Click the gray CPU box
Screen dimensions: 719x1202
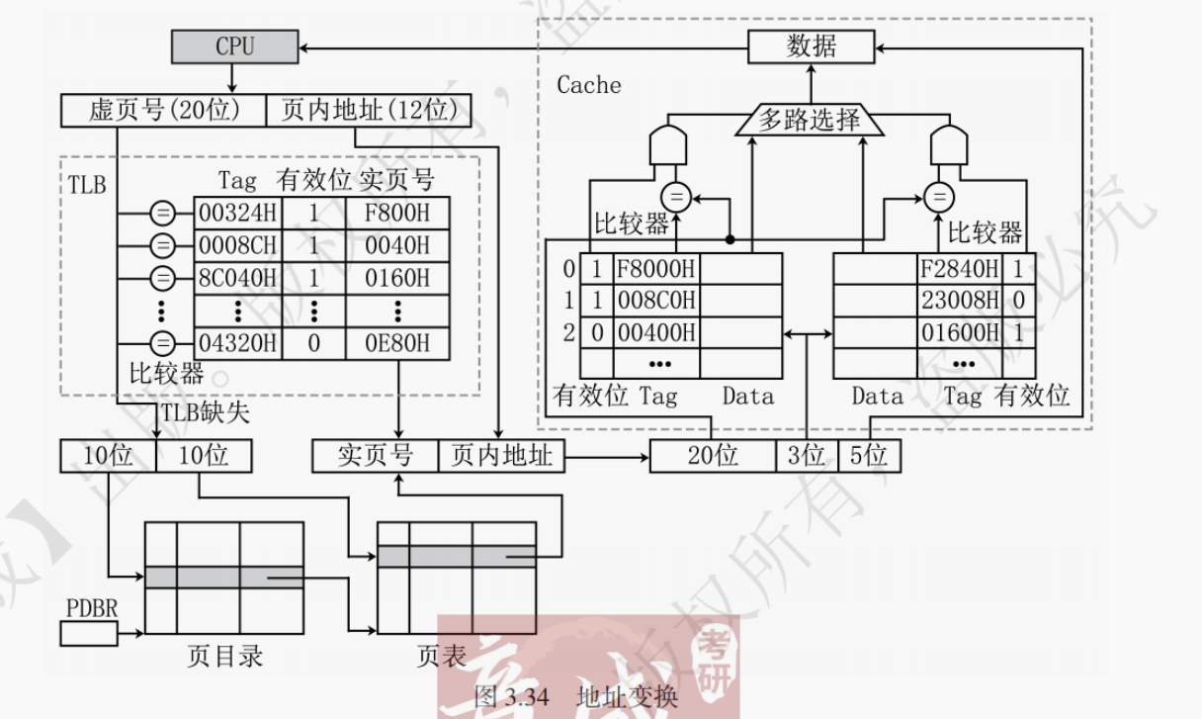tap(234, 45)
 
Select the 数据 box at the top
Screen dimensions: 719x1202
tap(811, 46)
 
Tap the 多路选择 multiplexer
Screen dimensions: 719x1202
tap(810, 121)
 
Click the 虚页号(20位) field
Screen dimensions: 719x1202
tap(164, 111)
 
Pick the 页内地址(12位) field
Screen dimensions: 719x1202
tap(368, 111)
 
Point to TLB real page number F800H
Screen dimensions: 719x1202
tap(397, 213)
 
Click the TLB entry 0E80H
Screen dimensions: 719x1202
tap(397, 343)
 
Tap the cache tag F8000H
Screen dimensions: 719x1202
tap(655, 269)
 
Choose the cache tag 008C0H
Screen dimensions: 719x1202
tap(655, 301)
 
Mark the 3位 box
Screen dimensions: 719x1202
tap(807, 456)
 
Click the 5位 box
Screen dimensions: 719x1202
tap(869, 456)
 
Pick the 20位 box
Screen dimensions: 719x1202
tap(713, 456)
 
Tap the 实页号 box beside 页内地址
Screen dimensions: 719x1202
tap(375, 456)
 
